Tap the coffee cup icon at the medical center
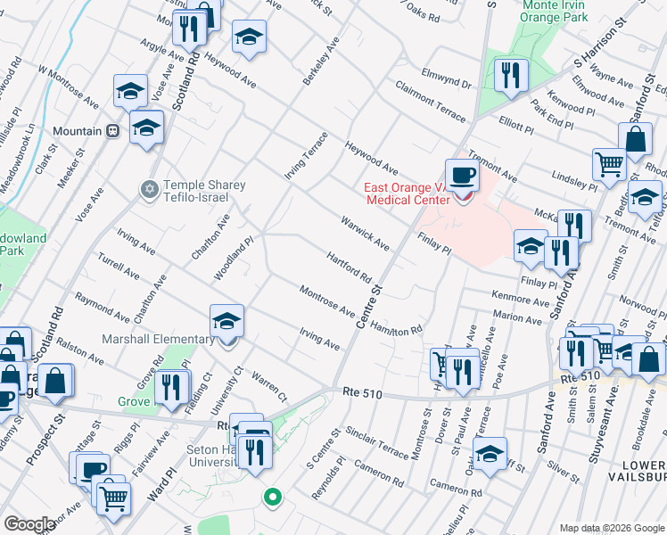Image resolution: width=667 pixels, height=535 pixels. coord(461,177)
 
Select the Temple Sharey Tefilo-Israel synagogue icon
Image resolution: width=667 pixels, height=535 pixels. coord(149,189)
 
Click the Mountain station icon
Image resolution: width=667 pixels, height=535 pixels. coord(113,131)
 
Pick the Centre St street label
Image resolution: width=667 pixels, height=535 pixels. coord(368,306)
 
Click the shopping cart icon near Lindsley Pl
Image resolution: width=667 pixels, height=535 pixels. coord(609,163)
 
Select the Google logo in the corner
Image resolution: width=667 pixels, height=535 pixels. coord(29,524)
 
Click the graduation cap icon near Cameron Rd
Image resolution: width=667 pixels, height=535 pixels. coord(490,454)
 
